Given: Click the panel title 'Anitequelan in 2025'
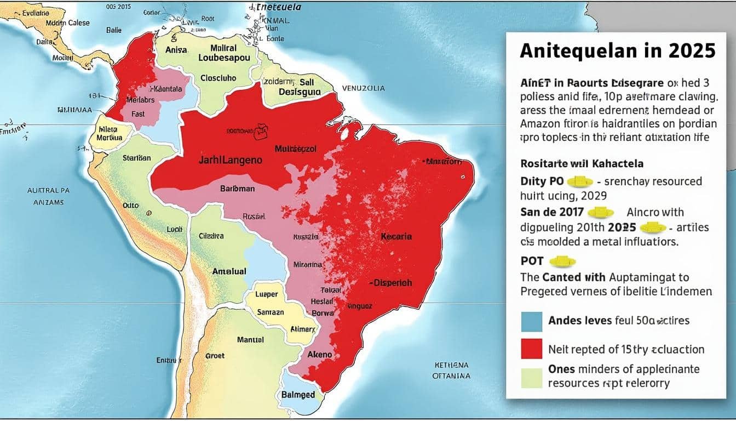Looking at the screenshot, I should pyautogui.click(x=617, y=51).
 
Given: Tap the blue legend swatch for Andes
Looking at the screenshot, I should pyautogui.click(x=531, y=321).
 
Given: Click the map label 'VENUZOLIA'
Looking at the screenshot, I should pyautogui.click(x=363, y=88).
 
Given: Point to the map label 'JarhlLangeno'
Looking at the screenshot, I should pyautogui.click(x=230, y=161).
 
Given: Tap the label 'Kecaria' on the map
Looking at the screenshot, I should pyautogui.click(x=396, y=237).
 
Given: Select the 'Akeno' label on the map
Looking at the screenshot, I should pyautogui.click(x=320, y=354).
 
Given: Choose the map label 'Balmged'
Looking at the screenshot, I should pyautogui.click(x=298, y=395).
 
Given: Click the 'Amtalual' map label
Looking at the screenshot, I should pyautogui.click(x=229, y=271).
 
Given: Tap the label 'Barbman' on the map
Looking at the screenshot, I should pyautogui.click(x=237, y=189).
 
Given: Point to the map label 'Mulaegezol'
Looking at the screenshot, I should pyautogui.click(x=296, y=148).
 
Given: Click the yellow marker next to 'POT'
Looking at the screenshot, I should pyautogui.click(x=561, y=261).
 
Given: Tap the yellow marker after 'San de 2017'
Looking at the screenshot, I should pyautogui.click(x=600, y=213).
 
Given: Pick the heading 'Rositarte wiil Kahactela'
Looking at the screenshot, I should pyautogui.click(x=582, y=163).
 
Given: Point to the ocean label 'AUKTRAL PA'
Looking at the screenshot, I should pyautogui.click(x=49, y=191).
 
